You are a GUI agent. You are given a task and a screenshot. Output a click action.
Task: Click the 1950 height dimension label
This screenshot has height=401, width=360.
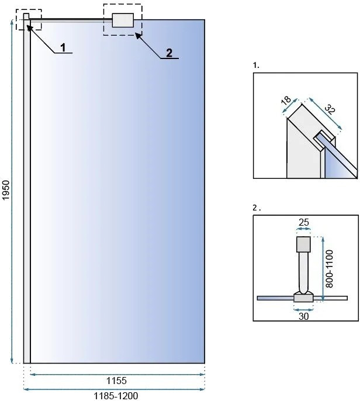point(5,191)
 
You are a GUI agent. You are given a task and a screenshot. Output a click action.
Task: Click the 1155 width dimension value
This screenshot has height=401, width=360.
point(116,381)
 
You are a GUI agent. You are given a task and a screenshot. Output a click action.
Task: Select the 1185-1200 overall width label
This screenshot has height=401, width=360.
point(116,396)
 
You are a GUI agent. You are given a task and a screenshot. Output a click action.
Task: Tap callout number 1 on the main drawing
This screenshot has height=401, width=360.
point(63,47)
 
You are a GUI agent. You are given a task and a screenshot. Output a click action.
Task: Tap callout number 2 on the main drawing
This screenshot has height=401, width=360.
point(169,53)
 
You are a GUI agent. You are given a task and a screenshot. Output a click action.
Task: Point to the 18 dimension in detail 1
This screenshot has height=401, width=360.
point(286,100)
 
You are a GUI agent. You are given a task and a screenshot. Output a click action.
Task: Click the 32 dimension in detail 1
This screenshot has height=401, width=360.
point(330,109)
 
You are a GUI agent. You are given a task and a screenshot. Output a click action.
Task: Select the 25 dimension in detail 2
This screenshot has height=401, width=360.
point(303,222)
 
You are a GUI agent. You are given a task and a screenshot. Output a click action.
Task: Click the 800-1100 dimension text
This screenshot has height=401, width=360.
point(330,269)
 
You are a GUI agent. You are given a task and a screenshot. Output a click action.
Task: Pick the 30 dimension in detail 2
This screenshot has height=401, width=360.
point(303,316)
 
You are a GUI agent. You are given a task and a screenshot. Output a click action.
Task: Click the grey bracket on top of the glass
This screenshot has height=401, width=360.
point(123,20)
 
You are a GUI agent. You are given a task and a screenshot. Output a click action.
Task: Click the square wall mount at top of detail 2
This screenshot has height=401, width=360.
point(303,244)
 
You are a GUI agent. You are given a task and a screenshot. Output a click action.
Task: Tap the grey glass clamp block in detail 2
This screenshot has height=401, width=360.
point(303,298)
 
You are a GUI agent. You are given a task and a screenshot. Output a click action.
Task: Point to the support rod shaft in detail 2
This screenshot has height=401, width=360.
point(303,272)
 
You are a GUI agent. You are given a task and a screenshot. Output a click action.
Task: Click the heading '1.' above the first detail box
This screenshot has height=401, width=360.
point(256,65)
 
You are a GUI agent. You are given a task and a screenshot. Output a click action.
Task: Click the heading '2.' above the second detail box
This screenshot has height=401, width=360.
point(257,208)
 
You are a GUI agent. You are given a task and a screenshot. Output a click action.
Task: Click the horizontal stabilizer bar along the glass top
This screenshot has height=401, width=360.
point(71,20)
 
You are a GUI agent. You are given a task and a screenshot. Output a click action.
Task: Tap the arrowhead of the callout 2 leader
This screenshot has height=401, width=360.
point(138,36)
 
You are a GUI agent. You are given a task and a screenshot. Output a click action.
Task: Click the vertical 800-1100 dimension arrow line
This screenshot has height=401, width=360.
point(323,269)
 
